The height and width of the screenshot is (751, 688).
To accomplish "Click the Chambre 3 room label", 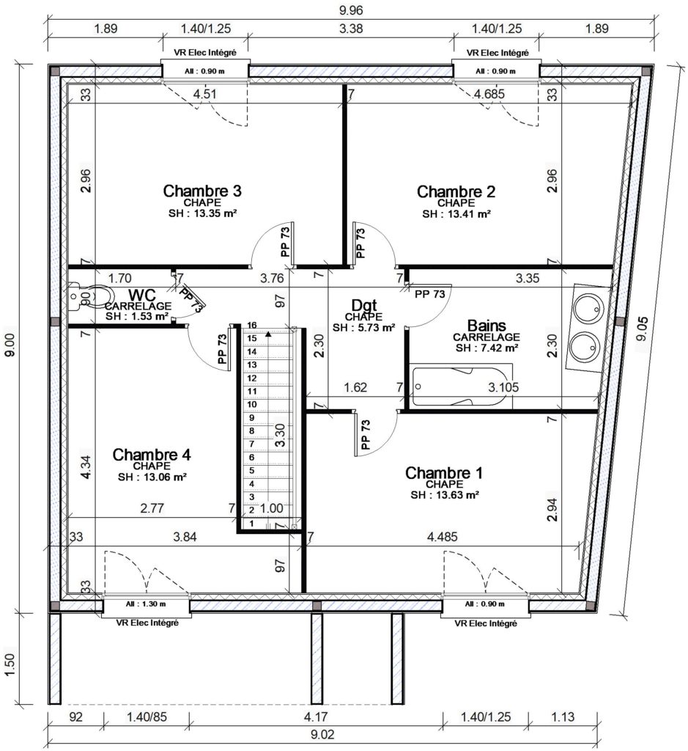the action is click(202, 191).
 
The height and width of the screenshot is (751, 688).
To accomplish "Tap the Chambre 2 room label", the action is click(456, 191).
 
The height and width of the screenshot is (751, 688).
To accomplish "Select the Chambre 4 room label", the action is click(152, 455).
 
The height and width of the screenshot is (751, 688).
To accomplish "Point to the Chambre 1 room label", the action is click(444, 473).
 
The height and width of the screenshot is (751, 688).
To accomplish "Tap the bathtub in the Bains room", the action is click(461, 386).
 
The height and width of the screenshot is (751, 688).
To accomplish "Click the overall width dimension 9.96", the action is click(351, 10).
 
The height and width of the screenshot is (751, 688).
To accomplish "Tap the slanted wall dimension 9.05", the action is click(642, 328).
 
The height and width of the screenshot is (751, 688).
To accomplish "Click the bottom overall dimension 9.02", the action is click(322, 734).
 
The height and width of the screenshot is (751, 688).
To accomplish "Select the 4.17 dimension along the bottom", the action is click(316, 717).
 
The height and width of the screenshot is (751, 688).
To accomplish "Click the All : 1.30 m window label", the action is click(146, 604).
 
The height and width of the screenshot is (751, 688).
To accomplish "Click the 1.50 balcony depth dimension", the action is click(10, 666).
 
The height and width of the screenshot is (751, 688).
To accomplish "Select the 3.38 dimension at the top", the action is click(351, 29).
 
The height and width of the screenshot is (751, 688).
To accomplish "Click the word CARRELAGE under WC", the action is click(138, 306).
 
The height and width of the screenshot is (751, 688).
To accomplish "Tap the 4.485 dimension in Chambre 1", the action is click(442, 536).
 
